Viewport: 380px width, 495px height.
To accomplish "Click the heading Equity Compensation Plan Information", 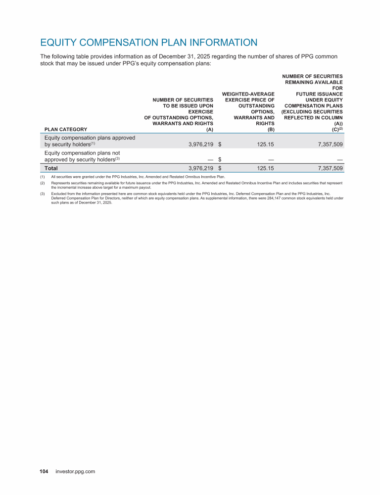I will point(148,43).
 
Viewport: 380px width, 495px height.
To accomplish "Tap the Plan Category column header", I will point(66,130).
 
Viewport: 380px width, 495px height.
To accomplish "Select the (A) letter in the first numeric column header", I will point(209,130).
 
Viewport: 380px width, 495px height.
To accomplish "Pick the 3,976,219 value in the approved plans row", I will point(197,145).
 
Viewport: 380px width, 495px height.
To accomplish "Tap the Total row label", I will point(51,168).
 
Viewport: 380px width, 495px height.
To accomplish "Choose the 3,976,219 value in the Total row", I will point(197,168).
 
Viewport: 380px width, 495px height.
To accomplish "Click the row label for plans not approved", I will point(82,156).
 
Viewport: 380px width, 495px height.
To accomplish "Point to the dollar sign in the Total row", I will point(220,168).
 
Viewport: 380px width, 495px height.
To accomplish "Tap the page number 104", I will point(44,472).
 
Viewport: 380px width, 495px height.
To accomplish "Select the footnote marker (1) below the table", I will point(43,176).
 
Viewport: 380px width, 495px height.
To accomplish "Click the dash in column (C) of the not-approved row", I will point(339,159).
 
